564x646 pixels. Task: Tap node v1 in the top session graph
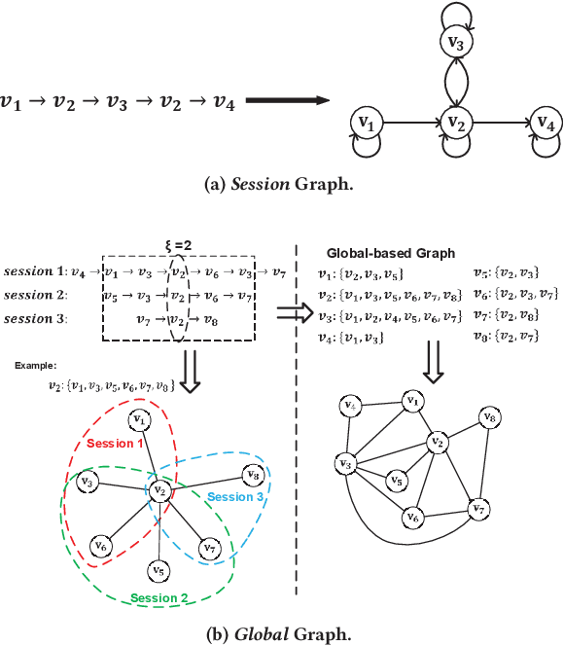click(367, 123)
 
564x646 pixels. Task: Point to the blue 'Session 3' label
click(235, 497)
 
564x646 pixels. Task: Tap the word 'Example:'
click(37, 366)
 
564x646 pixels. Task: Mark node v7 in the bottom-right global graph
click(476, 508)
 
